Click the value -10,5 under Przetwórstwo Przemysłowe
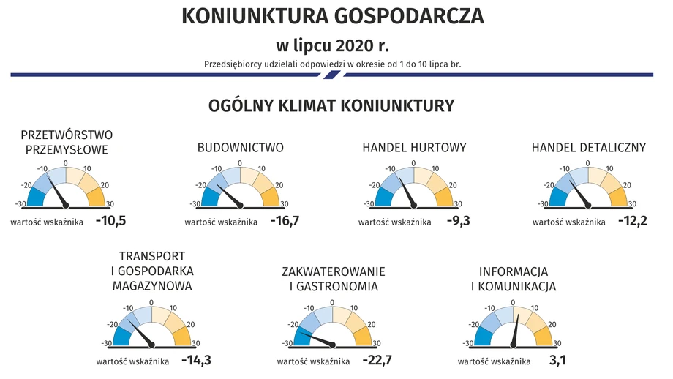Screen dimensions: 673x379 coord(110,221)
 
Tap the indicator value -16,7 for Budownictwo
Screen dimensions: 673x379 coord(285,221)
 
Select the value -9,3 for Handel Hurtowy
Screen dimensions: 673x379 coord(459,221)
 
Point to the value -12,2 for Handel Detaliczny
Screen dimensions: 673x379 coord(632,221)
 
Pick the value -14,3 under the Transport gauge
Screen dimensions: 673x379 coord(196,360)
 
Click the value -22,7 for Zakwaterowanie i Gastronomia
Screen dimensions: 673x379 coord(377,360)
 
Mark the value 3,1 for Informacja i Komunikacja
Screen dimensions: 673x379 coord(557,360)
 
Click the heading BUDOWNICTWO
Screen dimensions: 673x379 coord(241,148)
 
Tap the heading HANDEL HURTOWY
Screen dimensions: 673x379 coord(414,148)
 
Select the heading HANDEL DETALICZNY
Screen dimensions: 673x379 coord(588,148)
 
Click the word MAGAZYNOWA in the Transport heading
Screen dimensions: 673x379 coord(152,286)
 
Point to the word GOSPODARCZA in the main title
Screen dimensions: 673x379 coord(409,16)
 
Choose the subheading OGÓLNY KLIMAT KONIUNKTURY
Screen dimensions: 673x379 coord(331,105)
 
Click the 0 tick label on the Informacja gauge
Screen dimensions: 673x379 coord(513,303)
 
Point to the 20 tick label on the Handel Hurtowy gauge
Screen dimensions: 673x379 coord(453,185)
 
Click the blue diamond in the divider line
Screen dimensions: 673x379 coord(332,75)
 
